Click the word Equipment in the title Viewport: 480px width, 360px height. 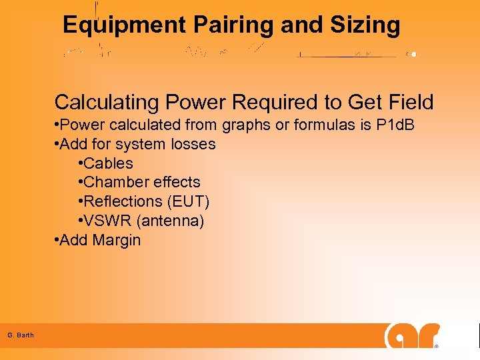pyautogui.click(x=125, y=25)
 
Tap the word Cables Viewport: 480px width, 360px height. pyautogui.click(x=109, y=163)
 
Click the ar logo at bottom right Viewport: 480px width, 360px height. pyautogui.click(x=412, y=335)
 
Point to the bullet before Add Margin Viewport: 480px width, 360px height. pyautogui.click(x=57, y=240)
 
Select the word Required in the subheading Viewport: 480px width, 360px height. pyautogui.click(x=255, y=103)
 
